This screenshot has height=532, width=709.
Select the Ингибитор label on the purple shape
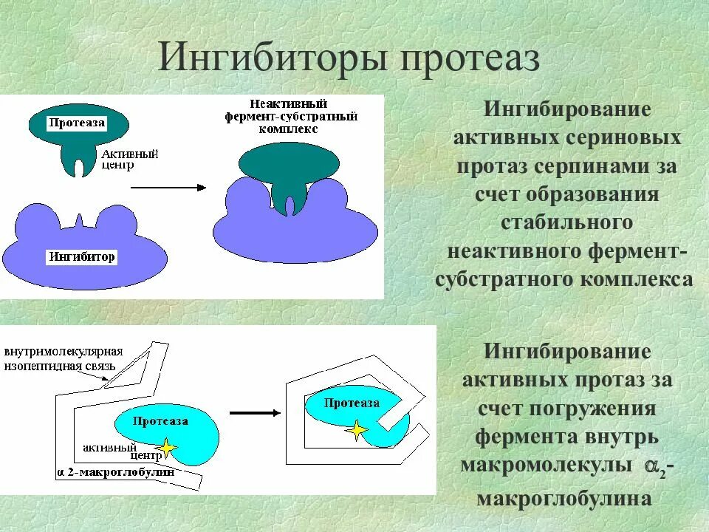tap(82, 257)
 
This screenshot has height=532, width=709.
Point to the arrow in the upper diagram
tap(168, 188)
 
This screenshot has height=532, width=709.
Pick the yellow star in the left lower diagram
tap(165, 448)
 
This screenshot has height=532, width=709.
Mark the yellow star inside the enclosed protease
tap(358, 431)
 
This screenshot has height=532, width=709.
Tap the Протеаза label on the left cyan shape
tap(160, 421)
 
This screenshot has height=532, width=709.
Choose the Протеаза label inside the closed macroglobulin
tap(352, 403)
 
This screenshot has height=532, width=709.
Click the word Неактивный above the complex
tap(288, 104)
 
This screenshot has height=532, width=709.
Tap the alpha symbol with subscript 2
tap(653, 466)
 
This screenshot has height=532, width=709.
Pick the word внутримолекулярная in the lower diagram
tap(64, 351)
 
